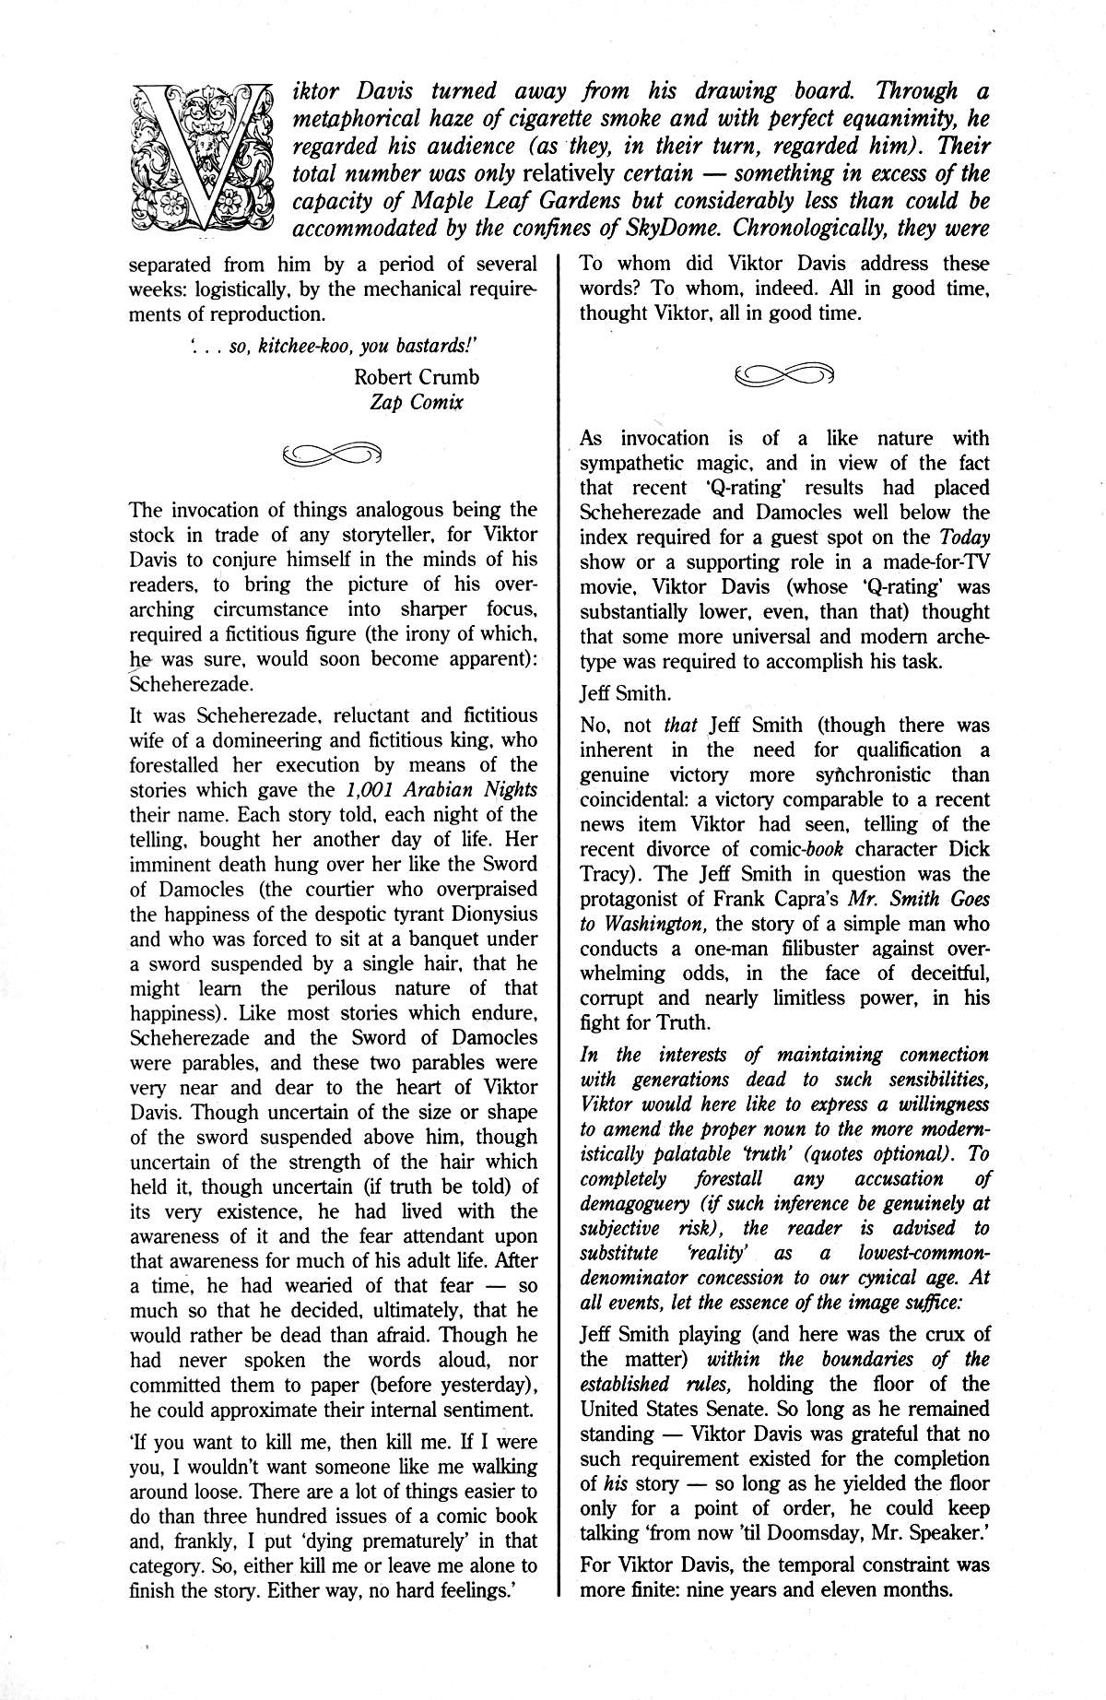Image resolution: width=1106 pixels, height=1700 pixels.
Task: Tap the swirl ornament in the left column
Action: [x=333, y=453]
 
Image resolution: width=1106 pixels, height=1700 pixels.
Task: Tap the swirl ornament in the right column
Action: [x=784, y=373]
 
